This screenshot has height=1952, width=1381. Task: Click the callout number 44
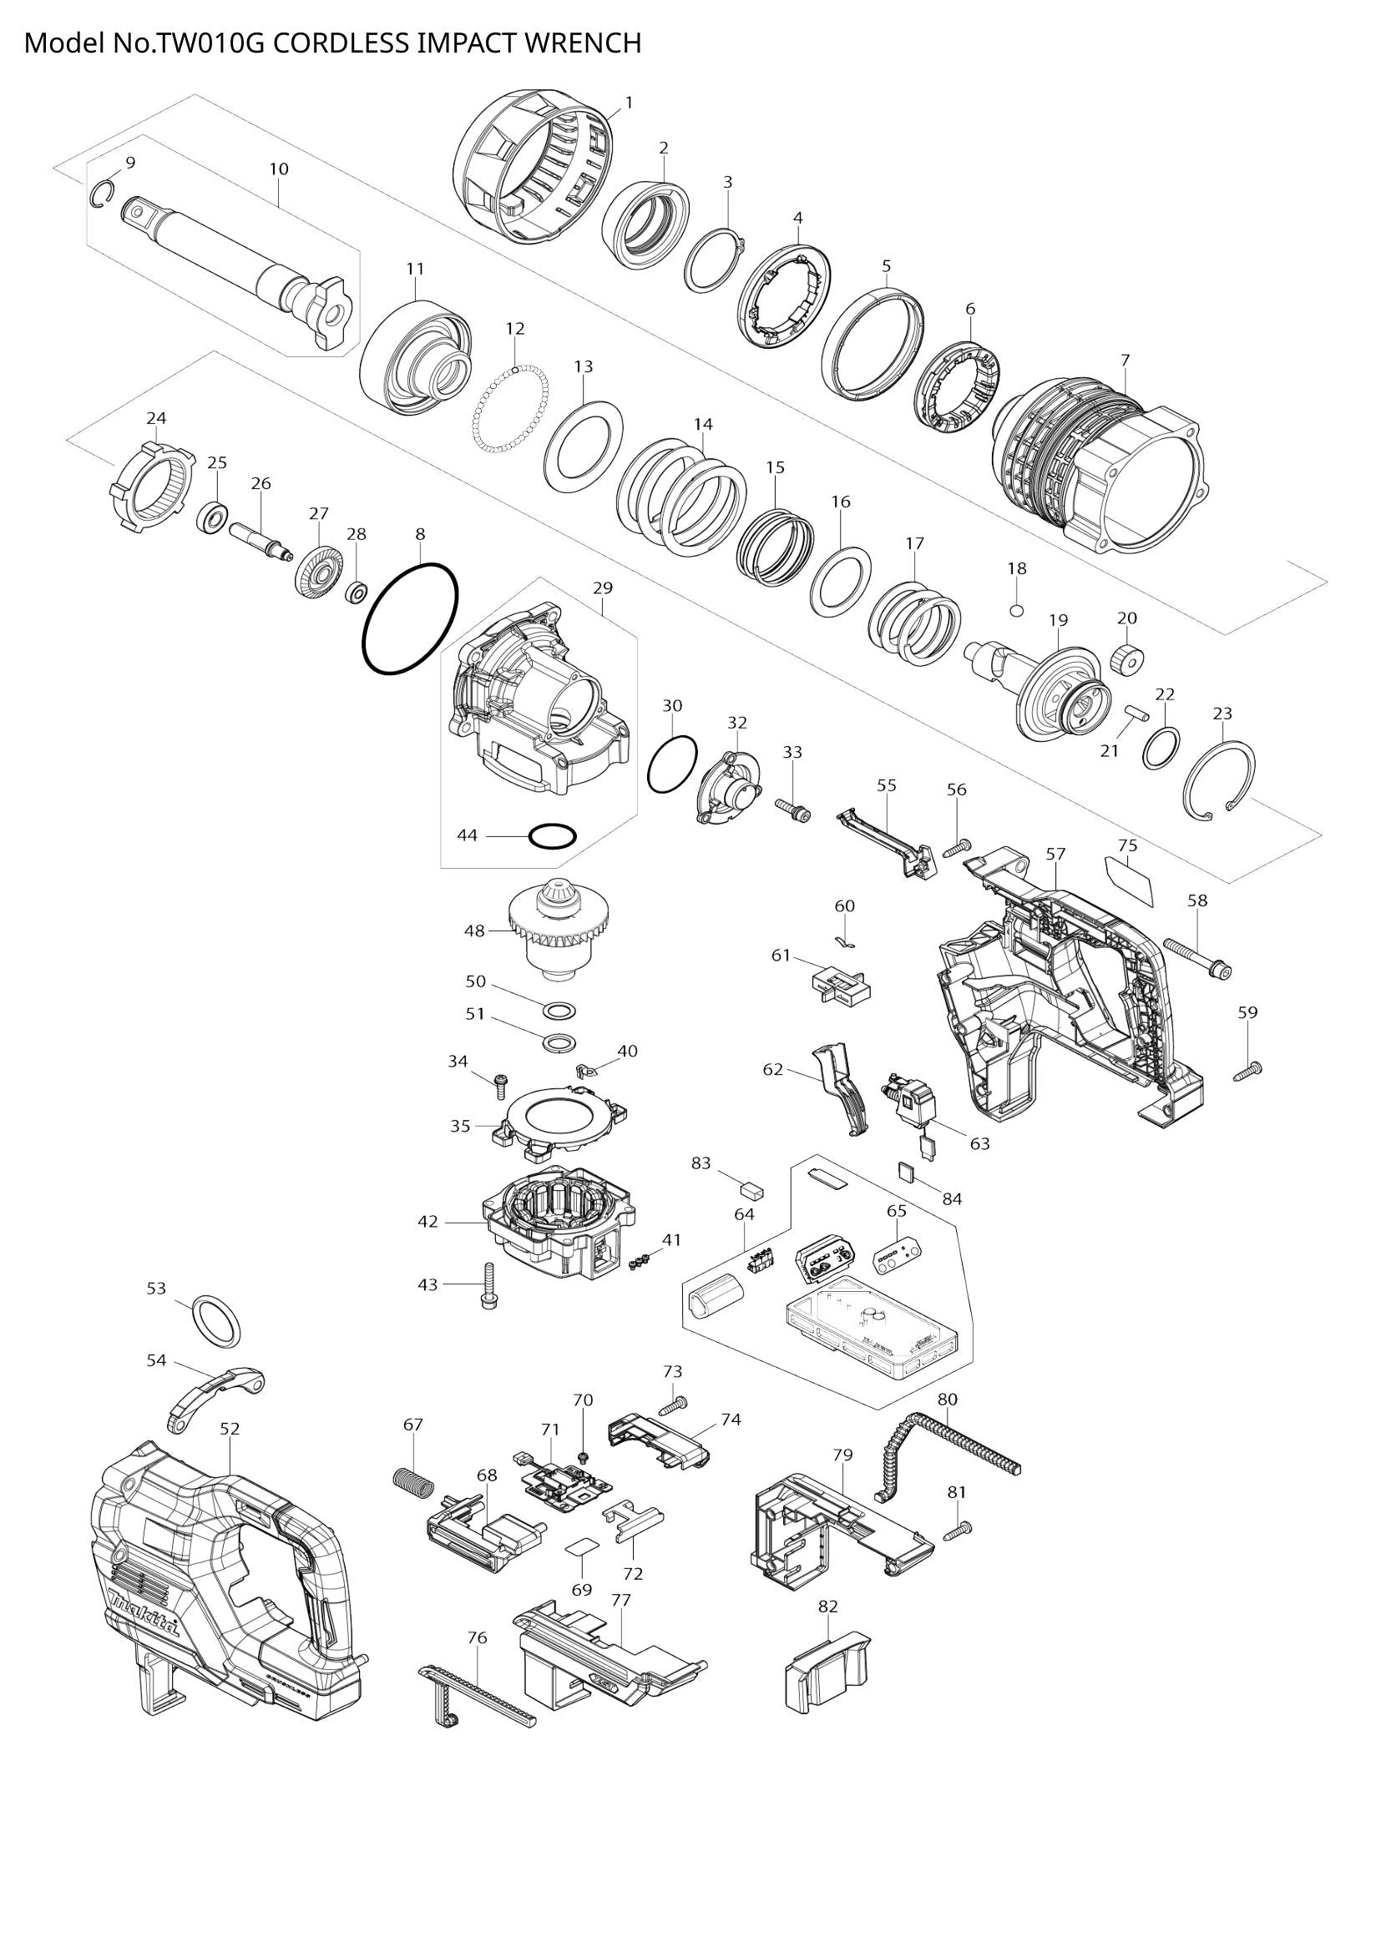coord(467,835)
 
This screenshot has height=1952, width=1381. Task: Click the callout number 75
coord(1126,845)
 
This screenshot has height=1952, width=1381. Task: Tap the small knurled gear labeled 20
coord(1126,658)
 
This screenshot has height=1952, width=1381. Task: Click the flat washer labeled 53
coord(216,1323)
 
